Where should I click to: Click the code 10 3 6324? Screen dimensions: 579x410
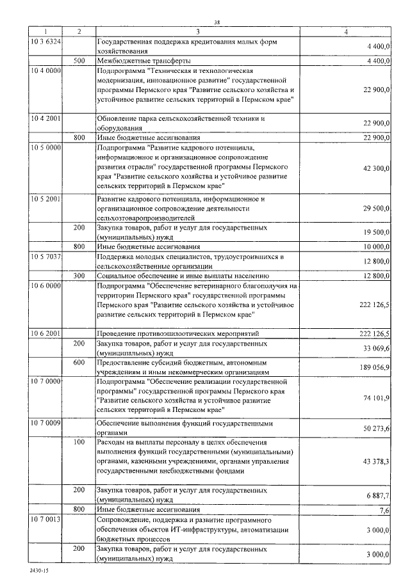tap(45, 41)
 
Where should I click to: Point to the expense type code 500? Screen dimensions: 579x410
tap(79, 61)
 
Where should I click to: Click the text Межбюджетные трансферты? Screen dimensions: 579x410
tap(138, 61)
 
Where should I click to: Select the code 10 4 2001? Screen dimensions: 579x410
tap(45, 118)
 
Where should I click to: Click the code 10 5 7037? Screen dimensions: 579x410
tap(45, 257)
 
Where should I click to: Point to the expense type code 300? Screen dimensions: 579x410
tap(79, 276)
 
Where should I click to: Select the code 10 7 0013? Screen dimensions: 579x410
tap(45, 520)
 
